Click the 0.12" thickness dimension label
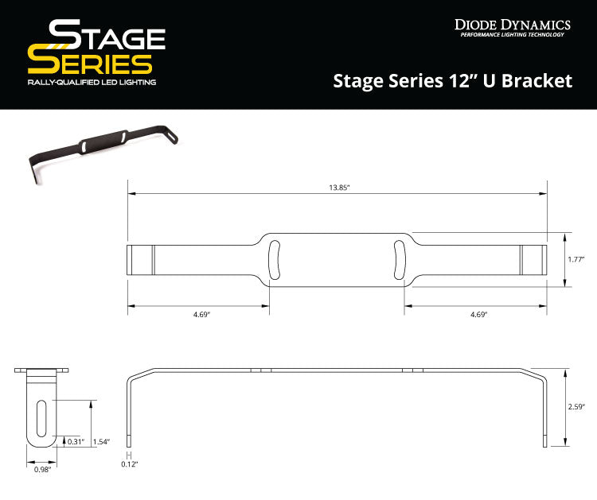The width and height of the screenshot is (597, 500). pos(129,463)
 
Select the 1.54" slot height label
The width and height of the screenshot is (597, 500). pos(101,441)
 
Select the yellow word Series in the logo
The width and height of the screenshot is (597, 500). pos(89,64)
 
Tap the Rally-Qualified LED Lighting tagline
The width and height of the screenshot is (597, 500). pos(92,83)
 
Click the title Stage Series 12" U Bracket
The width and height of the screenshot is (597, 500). pos(452,80)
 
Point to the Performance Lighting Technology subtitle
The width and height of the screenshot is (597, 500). pos(512,35)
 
